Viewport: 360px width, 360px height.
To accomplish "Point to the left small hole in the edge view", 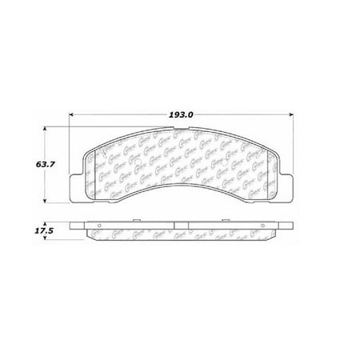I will pyautogui.click(x=97, y=234).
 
